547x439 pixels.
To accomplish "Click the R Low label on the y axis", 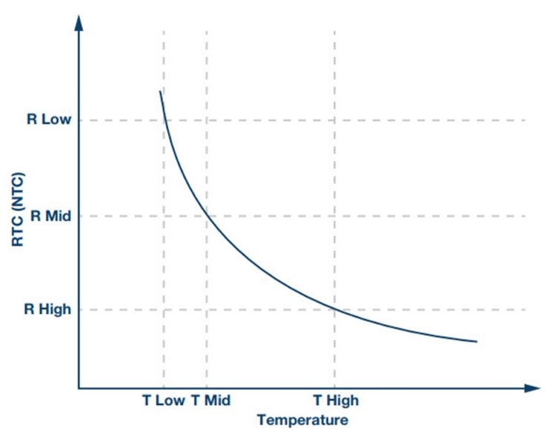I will click(50, 120).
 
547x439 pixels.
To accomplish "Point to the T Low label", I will click(164, 400).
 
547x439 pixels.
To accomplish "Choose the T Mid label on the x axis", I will click(210, 400).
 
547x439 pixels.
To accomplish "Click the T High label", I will click(335, 400).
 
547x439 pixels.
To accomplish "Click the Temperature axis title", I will click(302, 420).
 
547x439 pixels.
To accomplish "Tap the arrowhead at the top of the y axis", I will click(79, 18).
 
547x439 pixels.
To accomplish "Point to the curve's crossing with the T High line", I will click(334, 308).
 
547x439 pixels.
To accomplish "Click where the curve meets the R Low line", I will click(164, 120).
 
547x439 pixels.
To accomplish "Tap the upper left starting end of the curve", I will click(159, 91).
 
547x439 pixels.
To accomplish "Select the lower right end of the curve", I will click(476, 341).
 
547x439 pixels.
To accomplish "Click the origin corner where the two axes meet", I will click(79, 388).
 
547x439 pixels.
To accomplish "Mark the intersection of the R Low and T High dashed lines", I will click(334, 120).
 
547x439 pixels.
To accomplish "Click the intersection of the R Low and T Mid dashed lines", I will click(207, 120).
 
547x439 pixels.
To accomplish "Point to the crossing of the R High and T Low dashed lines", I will click(164, 309).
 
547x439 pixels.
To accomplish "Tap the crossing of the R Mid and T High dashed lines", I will click(334, 217).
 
